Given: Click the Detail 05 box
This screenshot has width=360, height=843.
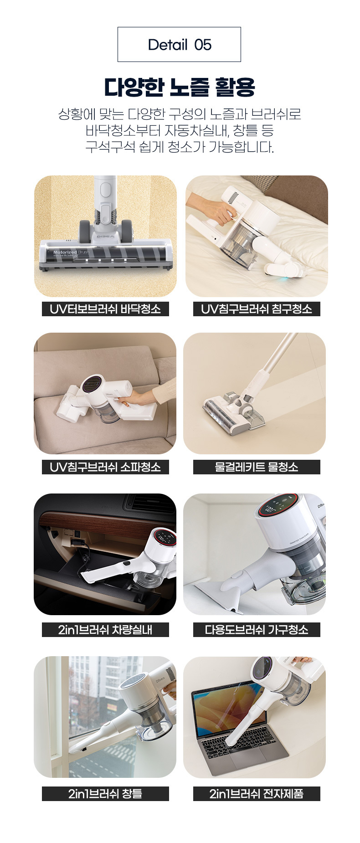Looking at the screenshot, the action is point(179,44).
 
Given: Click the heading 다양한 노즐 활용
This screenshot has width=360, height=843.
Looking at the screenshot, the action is point(180,87).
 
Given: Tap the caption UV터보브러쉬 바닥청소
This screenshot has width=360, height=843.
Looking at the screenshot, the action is point(105,309).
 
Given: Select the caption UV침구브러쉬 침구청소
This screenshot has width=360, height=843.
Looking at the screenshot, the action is point(257,309).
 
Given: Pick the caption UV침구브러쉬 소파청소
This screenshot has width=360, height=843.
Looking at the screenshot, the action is point(105,467).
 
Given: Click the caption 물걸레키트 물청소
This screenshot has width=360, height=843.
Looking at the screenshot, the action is point(257,467).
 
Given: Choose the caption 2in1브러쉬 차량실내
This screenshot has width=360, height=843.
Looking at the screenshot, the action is point(105,630).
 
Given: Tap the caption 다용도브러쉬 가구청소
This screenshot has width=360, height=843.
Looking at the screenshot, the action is point(257,630).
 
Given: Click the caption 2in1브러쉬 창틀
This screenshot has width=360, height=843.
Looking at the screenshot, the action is point(105,794).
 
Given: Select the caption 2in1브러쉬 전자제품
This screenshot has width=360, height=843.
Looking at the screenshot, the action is point(257,794).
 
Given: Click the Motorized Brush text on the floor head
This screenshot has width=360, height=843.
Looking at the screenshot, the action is point(71,252).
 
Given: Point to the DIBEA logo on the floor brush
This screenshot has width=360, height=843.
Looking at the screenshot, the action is point(105,237).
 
